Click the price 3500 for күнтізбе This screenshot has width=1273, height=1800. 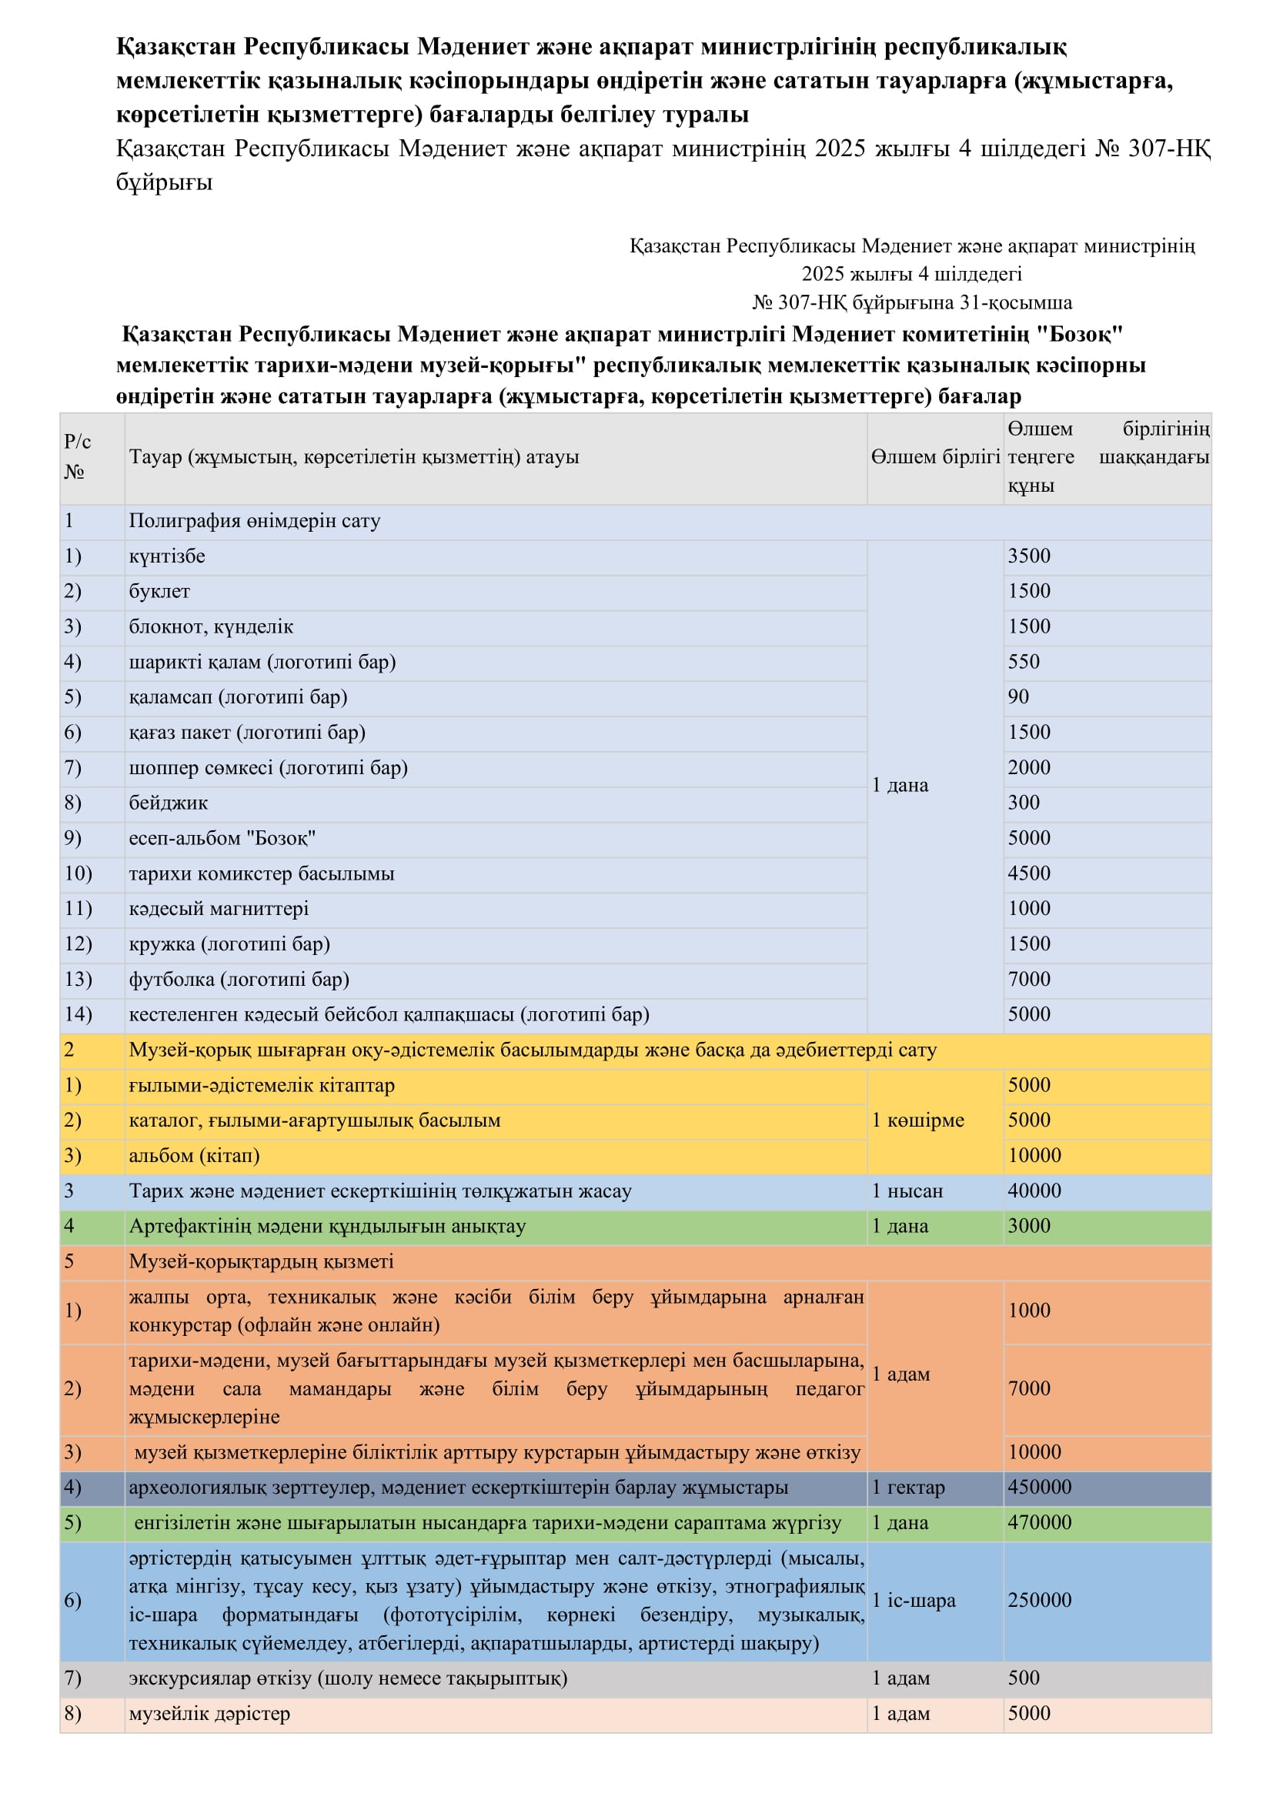tap(1028, 556)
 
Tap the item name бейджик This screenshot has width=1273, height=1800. tap(168, 803)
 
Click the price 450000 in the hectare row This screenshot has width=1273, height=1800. tap(1039, 1488)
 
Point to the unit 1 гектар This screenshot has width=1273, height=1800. tap(907, 1488)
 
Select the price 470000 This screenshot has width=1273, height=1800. tap(1039, 1522)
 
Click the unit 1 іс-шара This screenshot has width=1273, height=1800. tap(914, 1600)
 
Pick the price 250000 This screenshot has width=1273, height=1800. tap(1039, 1600)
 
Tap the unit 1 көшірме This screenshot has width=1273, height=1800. tap(917, 1120)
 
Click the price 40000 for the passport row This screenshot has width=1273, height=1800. tap(1034, 1191)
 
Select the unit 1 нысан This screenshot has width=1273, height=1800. tap(907, 1191)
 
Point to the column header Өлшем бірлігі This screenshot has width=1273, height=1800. tap(935, 457)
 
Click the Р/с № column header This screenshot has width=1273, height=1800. tap(77, 457)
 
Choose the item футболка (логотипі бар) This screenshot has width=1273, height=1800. tap(239, 979)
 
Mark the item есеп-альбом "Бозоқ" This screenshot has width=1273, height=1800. tap(222, 838)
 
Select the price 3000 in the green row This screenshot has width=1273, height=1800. tap(1028, 1226)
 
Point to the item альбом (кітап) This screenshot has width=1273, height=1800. tap(194, 1156)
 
